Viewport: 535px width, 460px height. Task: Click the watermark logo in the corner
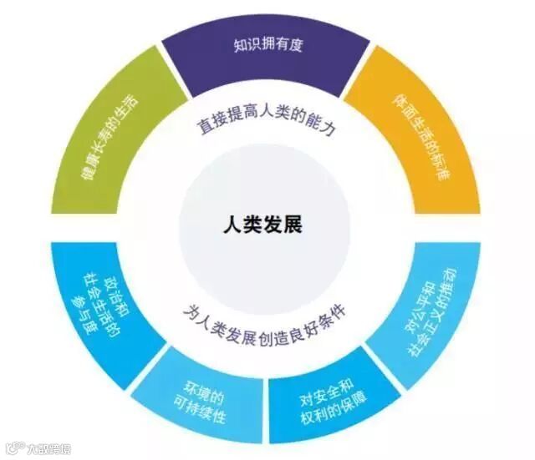[x=38, y=448]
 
